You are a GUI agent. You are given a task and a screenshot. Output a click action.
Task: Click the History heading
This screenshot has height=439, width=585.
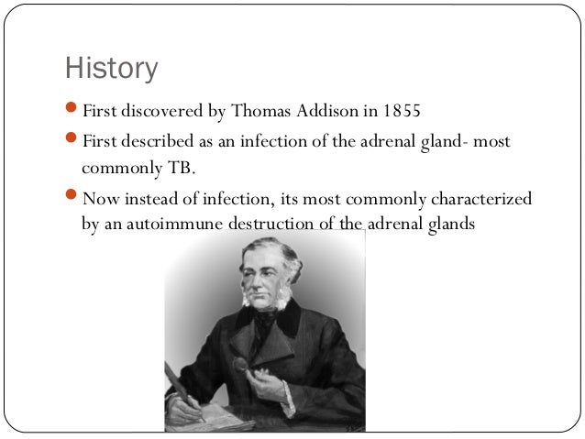(x=111, y=69)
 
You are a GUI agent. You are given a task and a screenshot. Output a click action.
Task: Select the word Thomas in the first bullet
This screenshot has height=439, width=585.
(x=262, y=113)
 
